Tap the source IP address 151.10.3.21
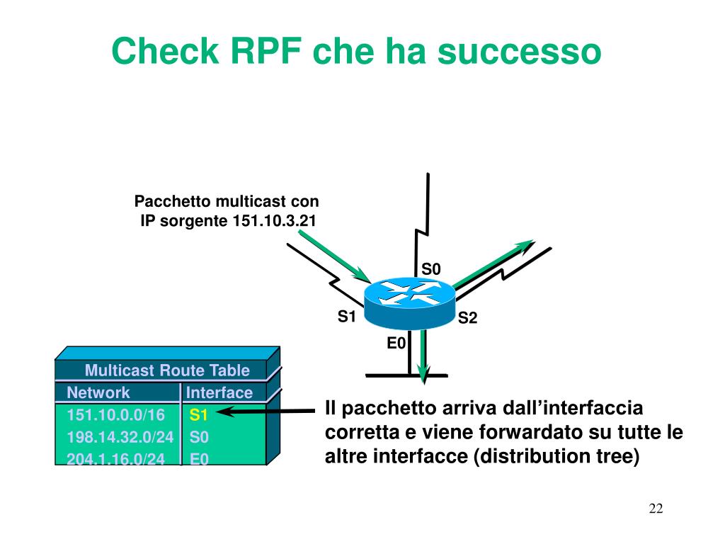tap(273, 220)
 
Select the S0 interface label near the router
tap(431, 269)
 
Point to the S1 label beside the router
tap(346, 317)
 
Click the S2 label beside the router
tap(468, 319)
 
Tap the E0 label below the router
tap(395, 344)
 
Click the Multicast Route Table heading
tap(167, 370)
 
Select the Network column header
tap(98, 392)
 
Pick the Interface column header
tap(219, 392)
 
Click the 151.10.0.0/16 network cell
tap(115, 415)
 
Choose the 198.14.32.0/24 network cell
tap(120, 437)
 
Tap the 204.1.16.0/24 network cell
tap(115, 459)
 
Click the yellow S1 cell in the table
tap(198, 415)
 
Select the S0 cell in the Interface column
tap(199, 437)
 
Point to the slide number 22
tap(655, 509)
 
